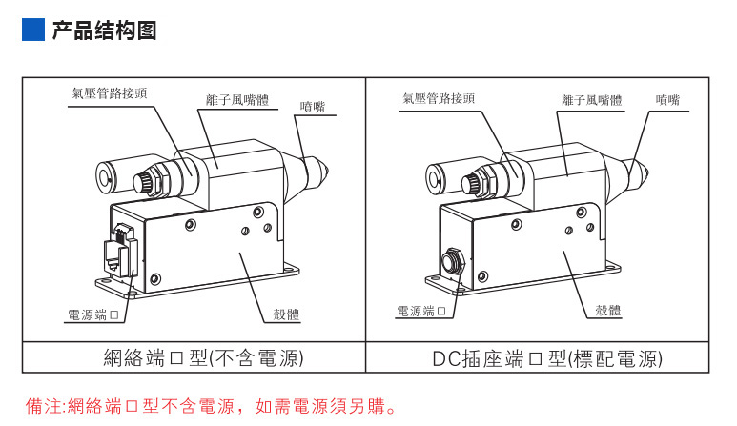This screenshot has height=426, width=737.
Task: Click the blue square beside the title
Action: point(32,30)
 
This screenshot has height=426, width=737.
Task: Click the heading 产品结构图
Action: point(103,30)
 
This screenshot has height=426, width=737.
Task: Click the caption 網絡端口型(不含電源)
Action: point(203,358)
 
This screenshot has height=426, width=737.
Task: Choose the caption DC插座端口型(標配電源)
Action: point(546,358)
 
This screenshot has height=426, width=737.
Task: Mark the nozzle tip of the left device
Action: point(328,172)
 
